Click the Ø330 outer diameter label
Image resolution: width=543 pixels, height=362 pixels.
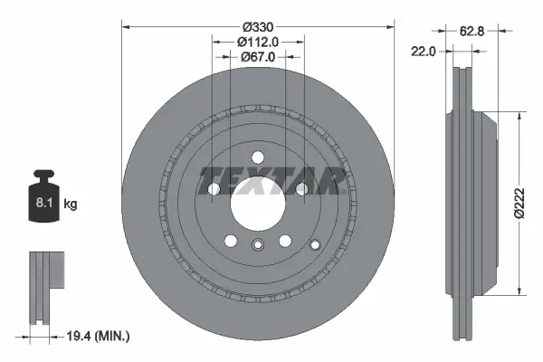tap(258, 25)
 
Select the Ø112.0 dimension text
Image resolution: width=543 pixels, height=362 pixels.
tap(258, 42)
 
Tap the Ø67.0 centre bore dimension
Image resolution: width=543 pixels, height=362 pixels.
tap(258, 58)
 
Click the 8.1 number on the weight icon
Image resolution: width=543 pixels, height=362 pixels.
tap(43, 205)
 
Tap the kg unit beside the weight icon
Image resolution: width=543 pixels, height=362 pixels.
tap(71, 205)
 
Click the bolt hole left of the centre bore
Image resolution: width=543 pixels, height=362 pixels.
tap(214, 189)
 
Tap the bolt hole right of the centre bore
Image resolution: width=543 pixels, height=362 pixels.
tap(300, 189)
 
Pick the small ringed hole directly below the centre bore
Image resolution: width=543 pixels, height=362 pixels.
tap(258, 243)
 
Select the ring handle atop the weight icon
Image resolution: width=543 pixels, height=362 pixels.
tap(43, 176)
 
